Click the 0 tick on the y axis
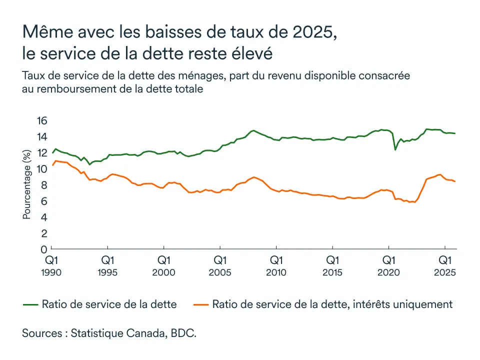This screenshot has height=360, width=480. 44,249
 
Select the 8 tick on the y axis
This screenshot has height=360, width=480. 44,185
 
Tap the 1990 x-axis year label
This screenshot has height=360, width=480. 51,272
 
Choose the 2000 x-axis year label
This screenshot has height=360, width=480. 164,272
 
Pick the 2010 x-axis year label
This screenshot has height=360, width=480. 276,272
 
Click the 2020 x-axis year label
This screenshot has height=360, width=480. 388,272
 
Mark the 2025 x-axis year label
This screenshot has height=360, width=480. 444,272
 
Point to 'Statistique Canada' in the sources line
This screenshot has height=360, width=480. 120,333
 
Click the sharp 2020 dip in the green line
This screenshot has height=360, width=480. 395,149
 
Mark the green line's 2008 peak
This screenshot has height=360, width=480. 253,130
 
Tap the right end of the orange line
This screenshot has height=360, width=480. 455,181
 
